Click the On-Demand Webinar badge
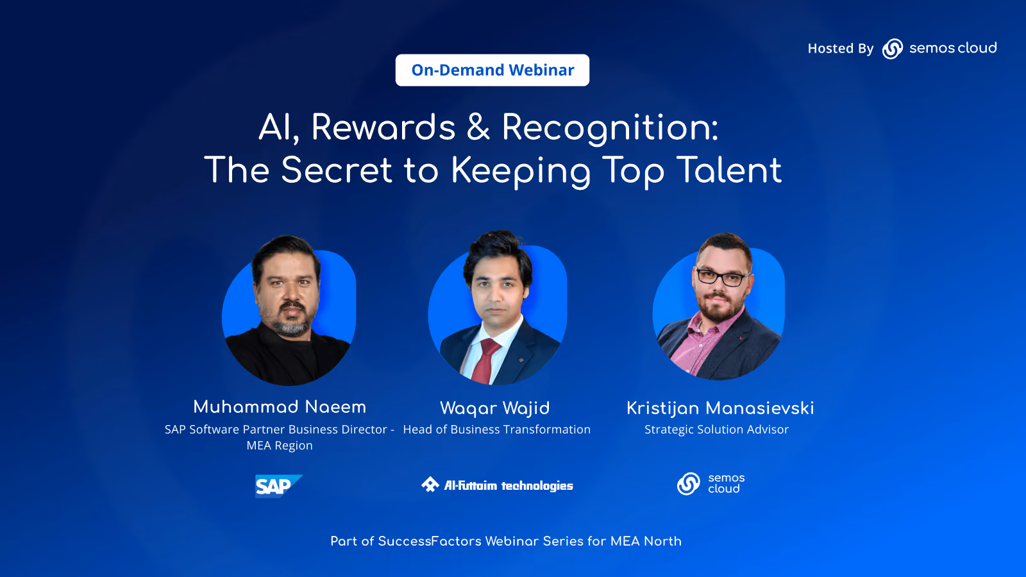pyautogui.click(x=492, y=70)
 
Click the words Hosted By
pyautogui.click(x=841, y=49)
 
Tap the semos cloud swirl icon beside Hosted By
pyautogui.click(x=892, y=49)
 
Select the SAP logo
pyautogui.click(x=278, y=486)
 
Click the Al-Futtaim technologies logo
pyautogui.click(x=497, y=485)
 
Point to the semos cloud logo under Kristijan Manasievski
pyautogui.click(x=711, y=483)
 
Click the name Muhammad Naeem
pyautogui.click(x=280, y=406)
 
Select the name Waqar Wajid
pyautogui.click(x=494, y=408)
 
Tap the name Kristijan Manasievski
pyautogui.click(x=720, y=408)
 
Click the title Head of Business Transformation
pyautogui.click(x=496, y=429)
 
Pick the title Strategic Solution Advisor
pyautogui.click(x=716, y=430)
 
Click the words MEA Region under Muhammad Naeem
pyautogui.click(x=280, y=445)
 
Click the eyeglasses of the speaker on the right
pyautogui.click(x=722, y=277)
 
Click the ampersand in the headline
pyautogui.click(x=478, y=127)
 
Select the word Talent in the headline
pyautogui.click(x=728, y=170)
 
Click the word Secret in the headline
pyautogui.click(x=337, y=170)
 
